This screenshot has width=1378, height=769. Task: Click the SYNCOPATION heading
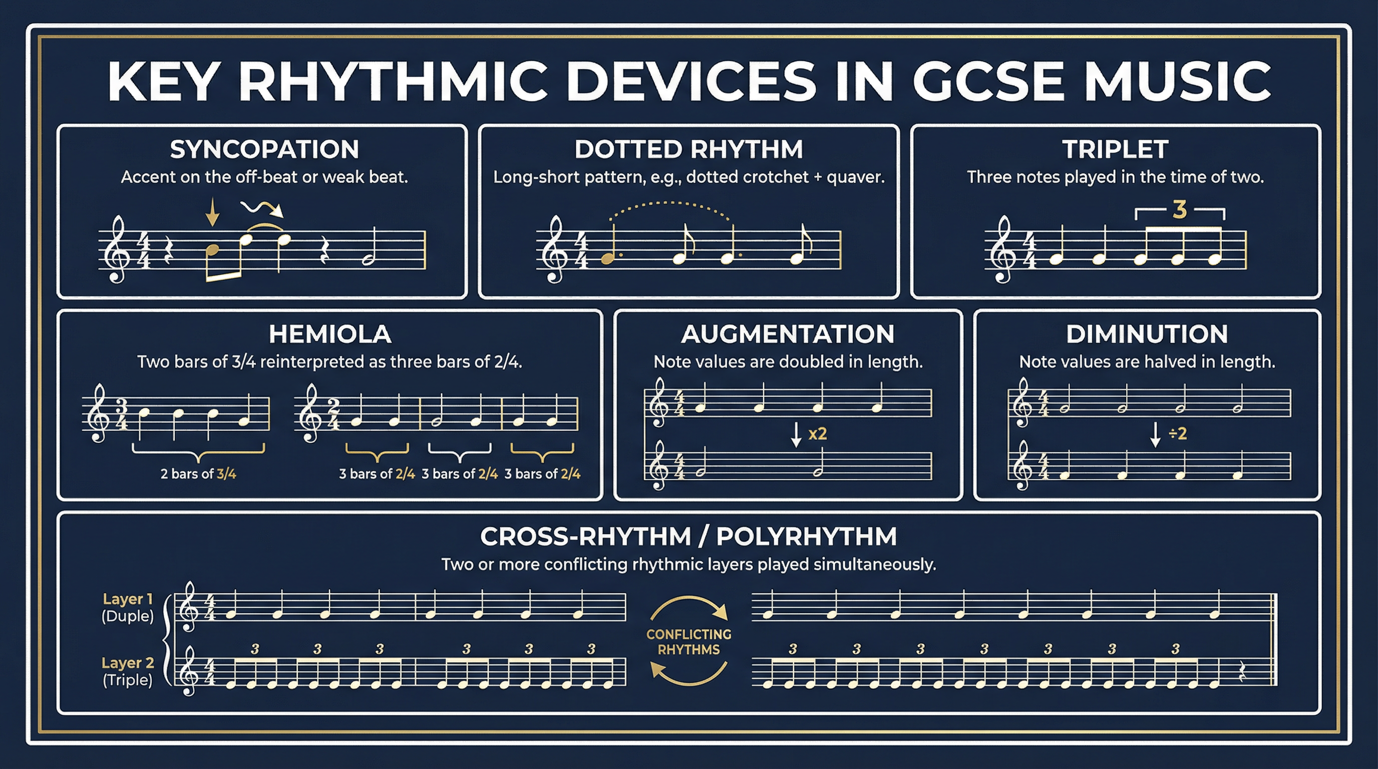pos(264,149)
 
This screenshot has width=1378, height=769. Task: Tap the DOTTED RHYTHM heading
pos(688,149)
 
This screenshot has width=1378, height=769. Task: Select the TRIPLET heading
pos(1115,149)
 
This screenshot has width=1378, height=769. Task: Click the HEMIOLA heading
pos(330,334)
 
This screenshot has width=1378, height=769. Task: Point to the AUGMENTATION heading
pos(788,334)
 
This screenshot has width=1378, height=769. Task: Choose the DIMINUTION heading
pos(1147,334)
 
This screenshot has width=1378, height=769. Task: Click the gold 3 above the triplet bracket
pos(1180,210)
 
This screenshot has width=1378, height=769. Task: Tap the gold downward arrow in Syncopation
pos(212,212)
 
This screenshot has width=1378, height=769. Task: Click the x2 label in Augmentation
pos(817,433)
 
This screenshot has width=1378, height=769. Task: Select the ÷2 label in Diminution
pos(1177,433)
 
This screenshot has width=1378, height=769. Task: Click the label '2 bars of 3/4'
pos(198,474)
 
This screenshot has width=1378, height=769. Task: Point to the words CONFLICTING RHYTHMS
pos(688,642)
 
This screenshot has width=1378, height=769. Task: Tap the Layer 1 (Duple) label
pos(128,607)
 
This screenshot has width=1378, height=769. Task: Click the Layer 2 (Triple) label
pos(128,671)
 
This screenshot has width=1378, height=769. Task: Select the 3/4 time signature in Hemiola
pos(122,415)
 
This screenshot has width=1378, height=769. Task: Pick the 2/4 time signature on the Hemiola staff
pos(334,415)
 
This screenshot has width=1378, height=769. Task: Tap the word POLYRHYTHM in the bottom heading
pos(806,536)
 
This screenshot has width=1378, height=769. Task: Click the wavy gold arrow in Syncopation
pos(262,209)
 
